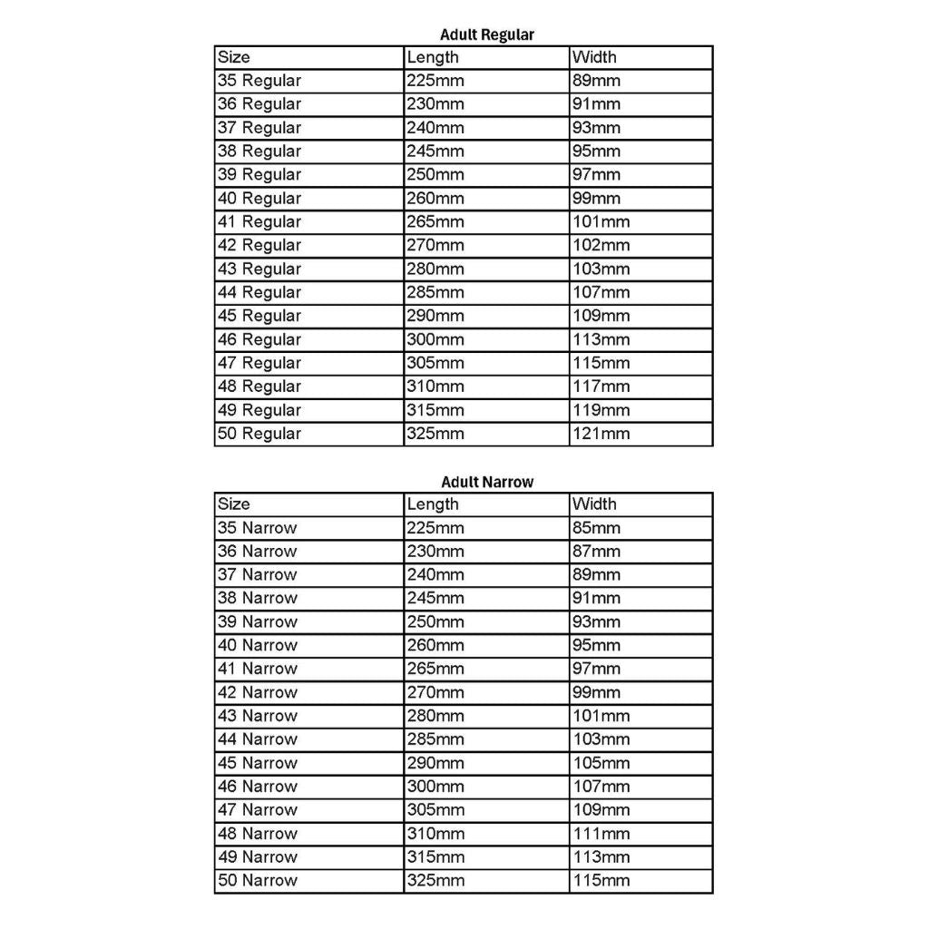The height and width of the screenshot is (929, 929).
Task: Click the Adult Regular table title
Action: click(487, 35)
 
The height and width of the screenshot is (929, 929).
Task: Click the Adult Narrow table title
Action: click(487, 482)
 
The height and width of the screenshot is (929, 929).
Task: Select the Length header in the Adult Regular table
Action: click(433, 57)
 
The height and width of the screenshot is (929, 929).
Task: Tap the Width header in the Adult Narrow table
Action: click(594, 504)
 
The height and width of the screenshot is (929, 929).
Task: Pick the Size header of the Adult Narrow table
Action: click(234, 504)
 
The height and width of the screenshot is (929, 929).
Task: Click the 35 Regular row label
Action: click(259, 81)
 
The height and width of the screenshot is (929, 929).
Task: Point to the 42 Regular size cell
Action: click(259, 245)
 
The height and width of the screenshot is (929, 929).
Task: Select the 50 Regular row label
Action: click(259, 434)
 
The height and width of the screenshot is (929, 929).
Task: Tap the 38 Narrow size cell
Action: click(258, 598)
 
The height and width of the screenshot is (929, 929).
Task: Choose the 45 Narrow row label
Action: click(258, 763)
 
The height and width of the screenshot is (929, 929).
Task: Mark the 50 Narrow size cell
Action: click(258, 880)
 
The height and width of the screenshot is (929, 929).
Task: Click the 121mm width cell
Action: click(601, 434)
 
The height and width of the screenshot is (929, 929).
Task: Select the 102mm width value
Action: click(601, 245)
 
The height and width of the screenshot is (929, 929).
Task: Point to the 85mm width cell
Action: click(597, 527)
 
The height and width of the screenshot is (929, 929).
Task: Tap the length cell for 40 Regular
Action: click(435, 198)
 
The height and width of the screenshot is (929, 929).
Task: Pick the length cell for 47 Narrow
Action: click(435, 810)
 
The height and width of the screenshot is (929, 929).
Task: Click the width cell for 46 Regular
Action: click(601, 339)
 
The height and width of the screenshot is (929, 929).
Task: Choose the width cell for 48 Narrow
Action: click(601, 834)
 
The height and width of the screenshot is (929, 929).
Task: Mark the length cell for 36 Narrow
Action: click(435, 551)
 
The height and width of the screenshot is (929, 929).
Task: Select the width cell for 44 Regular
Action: click(601, 292)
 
